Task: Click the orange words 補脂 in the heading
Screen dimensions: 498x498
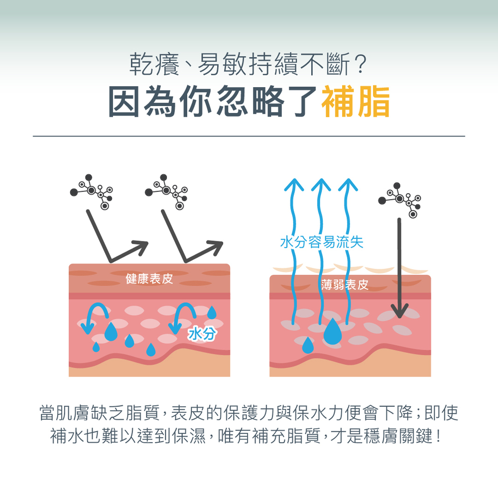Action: pos(356,102)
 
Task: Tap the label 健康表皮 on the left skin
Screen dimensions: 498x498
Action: pos(149,279)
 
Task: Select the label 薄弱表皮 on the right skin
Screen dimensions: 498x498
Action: pos(345,285)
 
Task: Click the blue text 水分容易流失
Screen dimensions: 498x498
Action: pos(322,242)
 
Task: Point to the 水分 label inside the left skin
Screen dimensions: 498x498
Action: pos(202,334)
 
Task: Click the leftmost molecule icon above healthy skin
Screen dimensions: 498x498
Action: pos(92,192)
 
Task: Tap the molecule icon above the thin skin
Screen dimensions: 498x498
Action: pos(399,200)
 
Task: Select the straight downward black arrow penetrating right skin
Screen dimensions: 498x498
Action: pos(399,268)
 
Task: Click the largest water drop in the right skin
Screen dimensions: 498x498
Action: pos(333,331)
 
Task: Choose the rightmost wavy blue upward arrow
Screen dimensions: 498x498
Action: pos(348,251)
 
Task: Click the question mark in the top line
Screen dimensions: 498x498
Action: pos(361,65)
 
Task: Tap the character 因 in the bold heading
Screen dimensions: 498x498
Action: pos(124,102)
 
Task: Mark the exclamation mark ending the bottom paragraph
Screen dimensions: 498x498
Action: pos(439,436)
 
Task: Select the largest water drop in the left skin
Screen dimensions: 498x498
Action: pos(111,331)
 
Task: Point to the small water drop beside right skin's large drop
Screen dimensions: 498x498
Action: pos(307,345)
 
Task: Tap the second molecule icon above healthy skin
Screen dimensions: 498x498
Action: pos(166,192)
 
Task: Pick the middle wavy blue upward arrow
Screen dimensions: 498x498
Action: pos(321,251)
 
